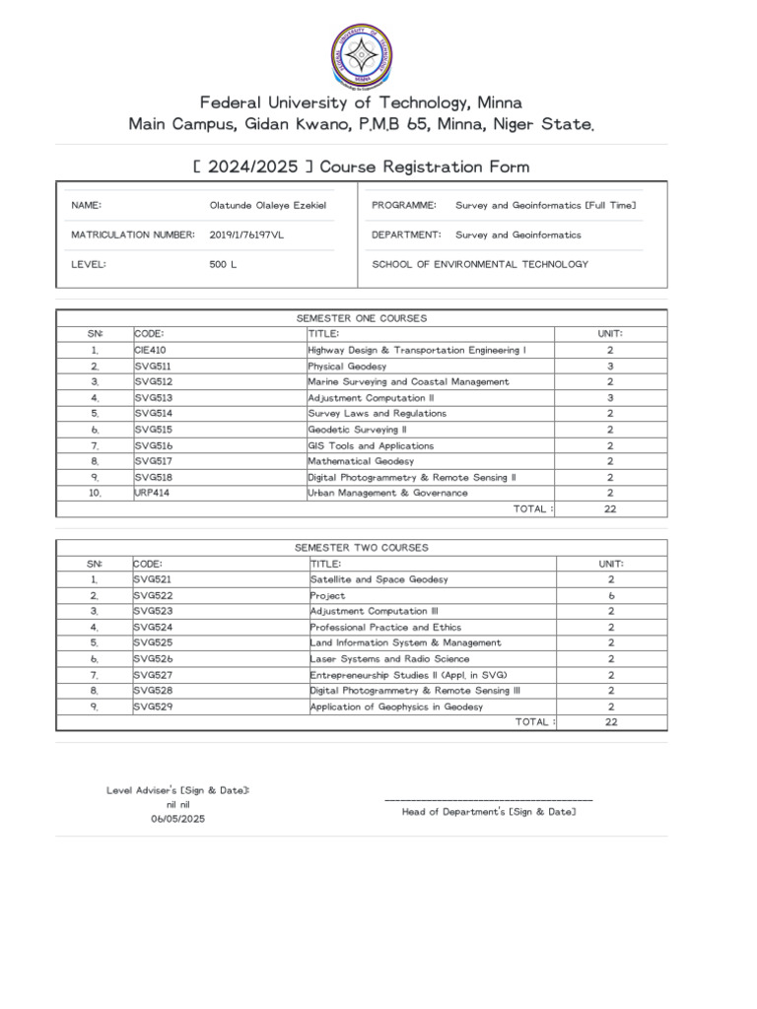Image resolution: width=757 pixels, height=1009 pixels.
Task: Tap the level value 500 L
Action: pyautogui.click(x=223, y=264)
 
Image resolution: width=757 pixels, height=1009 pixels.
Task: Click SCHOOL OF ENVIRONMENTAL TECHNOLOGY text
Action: pyautogui.click(x=479, y=264)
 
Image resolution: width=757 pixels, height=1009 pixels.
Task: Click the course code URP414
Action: pyautogui.click(x=153, y=493)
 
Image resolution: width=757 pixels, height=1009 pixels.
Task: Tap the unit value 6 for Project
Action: pyautogui.click(x=611, y=595)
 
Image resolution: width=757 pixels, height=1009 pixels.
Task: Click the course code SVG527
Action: pyautogui.click(x=153, y=675)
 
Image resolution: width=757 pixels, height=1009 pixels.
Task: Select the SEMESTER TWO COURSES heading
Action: pyautogui.click(x=362, y=548)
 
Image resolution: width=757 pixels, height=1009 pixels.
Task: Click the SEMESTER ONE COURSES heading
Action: pyautogui.click(x=362, y=318)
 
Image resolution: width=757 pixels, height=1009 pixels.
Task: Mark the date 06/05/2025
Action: pyautogui.click(x=176, y=819)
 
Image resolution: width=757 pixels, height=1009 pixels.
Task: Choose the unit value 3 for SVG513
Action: pyautogui.click(x=611, y=397)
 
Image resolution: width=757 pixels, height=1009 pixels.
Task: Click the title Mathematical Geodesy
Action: pyautogui.click(x=361, y=461)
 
